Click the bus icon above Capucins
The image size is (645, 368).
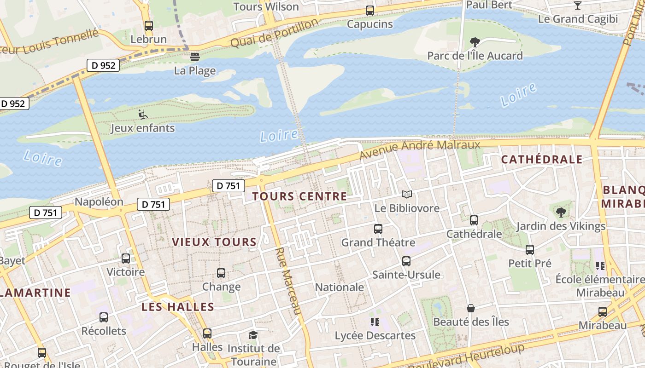[369, 11]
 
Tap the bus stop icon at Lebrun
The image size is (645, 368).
[148, 26]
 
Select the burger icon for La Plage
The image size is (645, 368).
[195, 57]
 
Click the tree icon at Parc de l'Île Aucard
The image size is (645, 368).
[475, 42]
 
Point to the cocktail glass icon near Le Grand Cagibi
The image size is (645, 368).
[577, 6]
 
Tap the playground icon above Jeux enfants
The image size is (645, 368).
[143, 114]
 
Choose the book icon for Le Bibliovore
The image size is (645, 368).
[406, 195]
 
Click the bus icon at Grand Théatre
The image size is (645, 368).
[378, 229]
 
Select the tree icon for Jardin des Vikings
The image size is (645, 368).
[561, 212]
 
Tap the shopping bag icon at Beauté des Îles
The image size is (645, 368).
[470, 308]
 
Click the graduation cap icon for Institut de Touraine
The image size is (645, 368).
[253, 335]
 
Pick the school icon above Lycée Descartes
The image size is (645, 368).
[375, 322]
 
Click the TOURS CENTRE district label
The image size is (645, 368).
[299, 196]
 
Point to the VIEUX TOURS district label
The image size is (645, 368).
[214, 242]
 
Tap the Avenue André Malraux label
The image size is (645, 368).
[420, 150]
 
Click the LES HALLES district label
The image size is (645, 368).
[178, 307]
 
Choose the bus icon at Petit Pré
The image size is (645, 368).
[530, 250]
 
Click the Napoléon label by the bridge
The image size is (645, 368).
[99, 202]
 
